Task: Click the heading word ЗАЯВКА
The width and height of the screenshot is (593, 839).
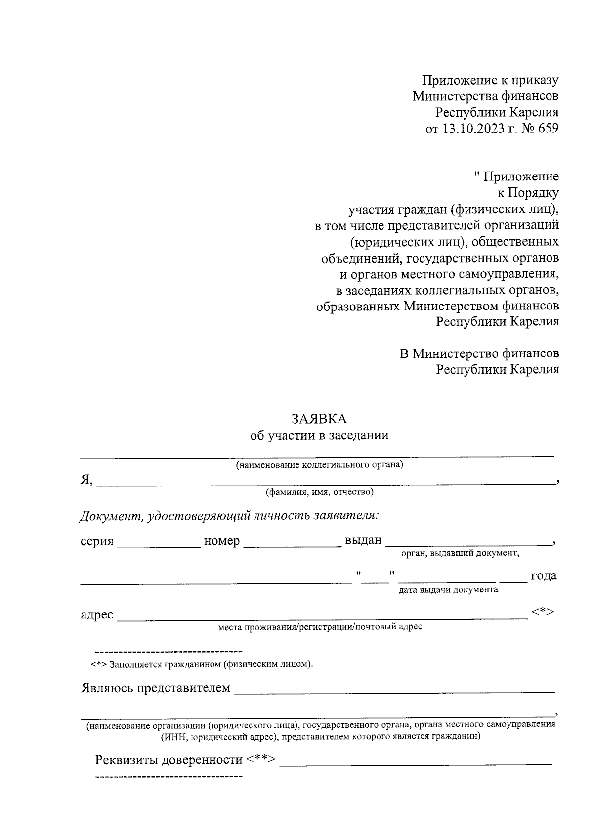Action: [x=319, y=419]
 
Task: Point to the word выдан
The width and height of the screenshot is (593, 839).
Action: [x=363, y=540]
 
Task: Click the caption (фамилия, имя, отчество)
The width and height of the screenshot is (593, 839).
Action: [x=319, y=492]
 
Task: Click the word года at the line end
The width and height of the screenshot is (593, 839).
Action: [x=543, y=576]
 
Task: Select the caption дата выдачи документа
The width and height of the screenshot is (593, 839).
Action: [x=448, y=589]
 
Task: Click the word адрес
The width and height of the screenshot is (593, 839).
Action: [x=97, y=615]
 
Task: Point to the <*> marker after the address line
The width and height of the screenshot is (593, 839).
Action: [x=543, y=612]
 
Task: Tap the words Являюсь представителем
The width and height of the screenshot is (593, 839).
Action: [x=155, y=688]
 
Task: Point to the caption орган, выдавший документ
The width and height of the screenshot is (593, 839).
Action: [x=460, y=553]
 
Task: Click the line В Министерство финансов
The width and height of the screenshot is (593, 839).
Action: [x=479, y=353]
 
